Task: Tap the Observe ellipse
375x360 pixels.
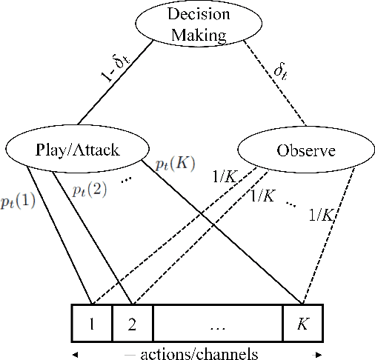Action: [x=306, y=151]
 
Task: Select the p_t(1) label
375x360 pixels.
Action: [x=16, y=202]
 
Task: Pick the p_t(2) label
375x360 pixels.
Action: [x=90, y=189]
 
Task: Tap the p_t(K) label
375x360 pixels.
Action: [x=175, y=164]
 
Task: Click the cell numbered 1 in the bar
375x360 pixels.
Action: [x=91, y=323]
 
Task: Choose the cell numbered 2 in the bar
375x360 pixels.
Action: [x=132, y=323]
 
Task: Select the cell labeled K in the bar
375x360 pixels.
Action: [x=302, y=323]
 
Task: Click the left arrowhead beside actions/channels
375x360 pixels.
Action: [x=73, y=353]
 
